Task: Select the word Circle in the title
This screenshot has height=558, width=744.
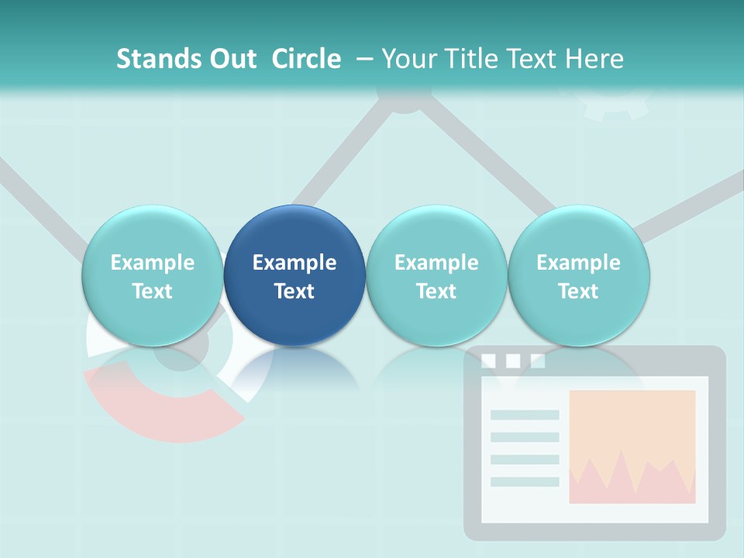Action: pyautogui.click(x=306, y=59)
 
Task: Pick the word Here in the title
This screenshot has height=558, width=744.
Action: pyautogui.click(x=594, y=59)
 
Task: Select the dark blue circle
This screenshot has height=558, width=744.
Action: pyautogui.click(x=294, y=275)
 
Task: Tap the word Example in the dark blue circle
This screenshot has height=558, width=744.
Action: pyautogui.click(x=294, y=263)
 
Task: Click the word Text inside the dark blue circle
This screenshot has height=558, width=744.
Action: pyautogui.click(x=294, y=291)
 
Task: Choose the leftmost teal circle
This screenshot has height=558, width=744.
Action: pyautogui.click(x=152, y=275)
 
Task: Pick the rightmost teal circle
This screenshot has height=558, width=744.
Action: pyautogui.click(x=578, y=275)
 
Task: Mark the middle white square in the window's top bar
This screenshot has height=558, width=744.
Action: pyautogui.click(x=512, y=361)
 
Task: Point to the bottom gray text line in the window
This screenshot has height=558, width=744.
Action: pyautogui.click(x=525, y=482)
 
